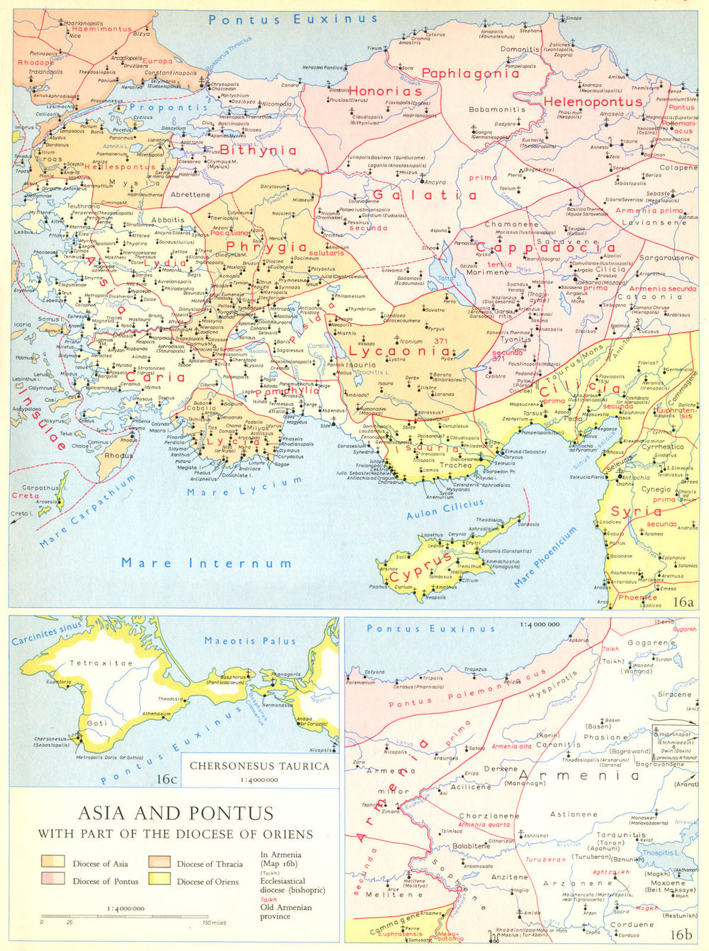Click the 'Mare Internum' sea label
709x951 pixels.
coord(206,563)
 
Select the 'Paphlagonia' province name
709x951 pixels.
coord(471,73)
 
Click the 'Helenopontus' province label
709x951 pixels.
coord(593,102)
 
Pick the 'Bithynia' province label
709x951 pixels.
coord(258,150)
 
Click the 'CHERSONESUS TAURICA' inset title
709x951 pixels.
coord(259,766)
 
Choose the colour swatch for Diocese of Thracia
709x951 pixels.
coord(160,862)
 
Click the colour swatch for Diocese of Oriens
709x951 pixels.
coord(160,880)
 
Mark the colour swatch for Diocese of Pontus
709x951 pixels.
coord(53,880)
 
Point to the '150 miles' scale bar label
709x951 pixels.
coord(214,922)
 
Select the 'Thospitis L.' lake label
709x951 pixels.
coord(659,852)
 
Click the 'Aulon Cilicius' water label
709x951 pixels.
coord(445,509)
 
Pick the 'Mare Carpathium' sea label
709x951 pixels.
coord(86,512)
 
